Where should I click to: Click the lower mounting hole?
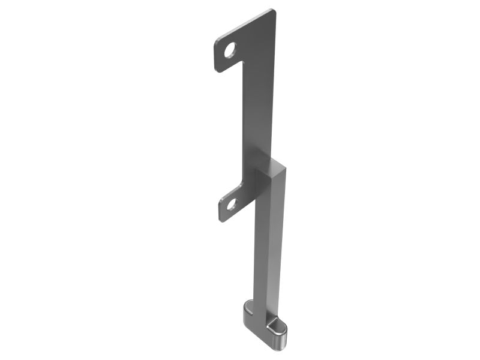(x=232, y=204)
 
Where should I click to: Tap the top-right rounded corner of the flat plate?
(x=273, y=12)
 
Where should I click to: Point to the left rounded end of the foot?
(x=247, y=312)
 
